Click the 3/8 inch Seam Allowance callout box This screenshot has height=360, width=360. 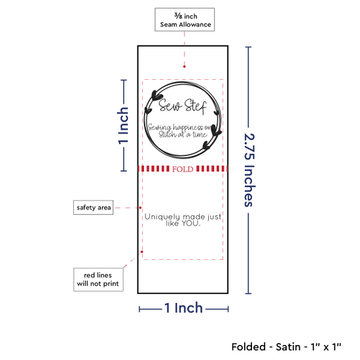[185, 20]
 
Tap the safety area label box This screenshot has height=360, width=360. [93, 207]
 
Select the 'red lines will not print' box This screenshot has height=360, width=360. [98, 279]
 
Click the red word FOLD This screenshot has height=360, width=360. [183, 169]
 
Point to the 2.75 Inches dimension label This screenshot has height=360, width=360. [249, 170]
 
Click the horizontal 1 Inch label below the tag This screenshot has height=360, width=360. [184, 308]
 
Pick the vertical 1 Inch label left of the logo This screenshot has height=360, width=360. [123, 126]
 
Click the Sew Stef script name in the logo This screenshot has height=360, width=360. [183, 106]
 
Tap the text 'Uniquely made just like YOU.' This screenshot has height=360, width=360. [183, 220]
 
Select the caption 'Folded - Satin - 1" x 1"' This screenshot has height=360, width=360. [286, 347]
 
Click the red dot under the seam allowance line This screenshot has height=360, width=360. [185, 67]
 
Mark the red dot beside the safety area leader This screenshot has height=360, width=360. [140, 207]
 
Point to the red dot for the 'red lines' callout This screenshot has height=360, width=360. [142, 251]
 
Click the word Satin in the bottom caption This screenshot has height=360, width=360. [288, 347]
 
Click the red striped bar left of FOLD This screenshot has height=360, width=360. [154, 169]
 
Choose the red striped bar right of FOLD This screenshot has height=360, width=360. [212, 169]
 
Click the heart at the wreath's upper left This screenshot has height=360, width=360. [156, 96]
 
